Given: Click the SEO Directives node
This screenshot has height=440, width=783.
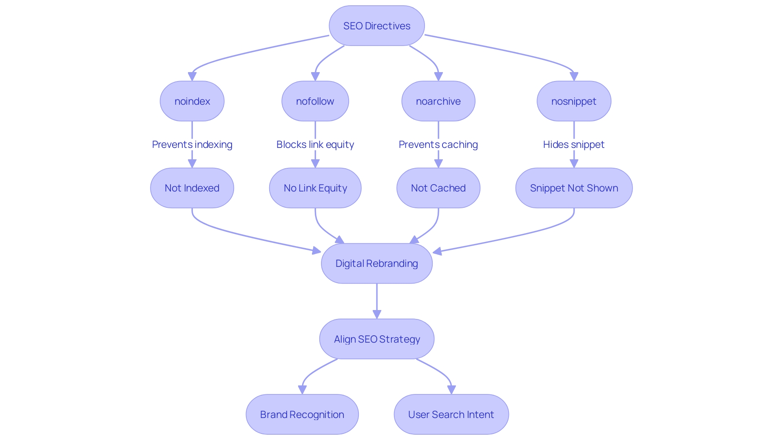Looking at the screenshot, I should tap(376, 26).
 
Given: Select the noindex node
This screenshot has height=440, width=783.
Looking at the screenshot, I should tap(192, 101).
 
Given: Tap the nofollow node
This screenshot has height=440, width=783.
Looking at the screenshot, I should tap(315, 101).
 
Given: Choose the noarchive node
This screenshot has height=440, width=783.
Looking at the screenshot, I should tap(438, 101).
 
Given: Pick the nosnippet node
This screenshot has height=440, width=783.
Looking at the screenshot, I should tap(573, 101).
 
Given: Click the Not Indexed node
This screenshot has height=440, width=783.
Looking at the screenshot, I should tap(192, 188).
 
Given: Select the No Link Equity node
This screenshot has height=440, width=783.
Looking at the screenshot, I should tap(315, 188).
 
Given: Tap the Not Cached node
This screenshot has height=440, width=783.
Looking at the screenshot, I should tap(438, 188).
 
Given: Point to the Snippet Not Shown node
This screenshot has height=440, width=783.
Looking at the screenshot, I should tap(573, 188).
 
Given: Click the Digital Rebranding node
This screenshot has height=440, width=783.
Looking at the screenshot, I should tap(376, 263).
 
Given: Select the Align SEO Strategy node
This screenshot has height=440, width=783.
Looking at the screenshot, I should tap(376, 339).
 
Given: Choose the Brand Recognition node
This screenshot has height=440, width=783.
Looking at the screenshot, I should tap(302, 414).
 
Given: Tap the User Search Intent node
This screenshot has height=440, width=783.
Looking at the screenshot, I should tap(451, 414).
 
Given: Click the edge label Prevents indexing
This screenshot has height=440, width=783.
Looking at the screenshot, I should tap(192, 145).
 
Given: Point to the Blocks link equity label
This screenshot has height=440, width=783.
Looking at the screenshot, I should tap(315, 145).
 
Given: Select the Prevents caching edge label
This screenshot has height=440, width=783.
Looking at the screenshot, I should tap(438, 145).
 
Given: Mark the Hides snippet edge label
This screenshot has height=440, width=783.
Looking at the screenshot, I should tap(573, 145).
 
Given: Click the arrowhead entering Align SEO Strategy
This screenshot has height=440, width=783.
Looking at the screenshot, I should tap(377, 315).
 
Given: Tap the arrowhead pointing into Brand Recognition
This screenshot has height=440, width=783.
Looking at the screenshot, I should tap(302, 390).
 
